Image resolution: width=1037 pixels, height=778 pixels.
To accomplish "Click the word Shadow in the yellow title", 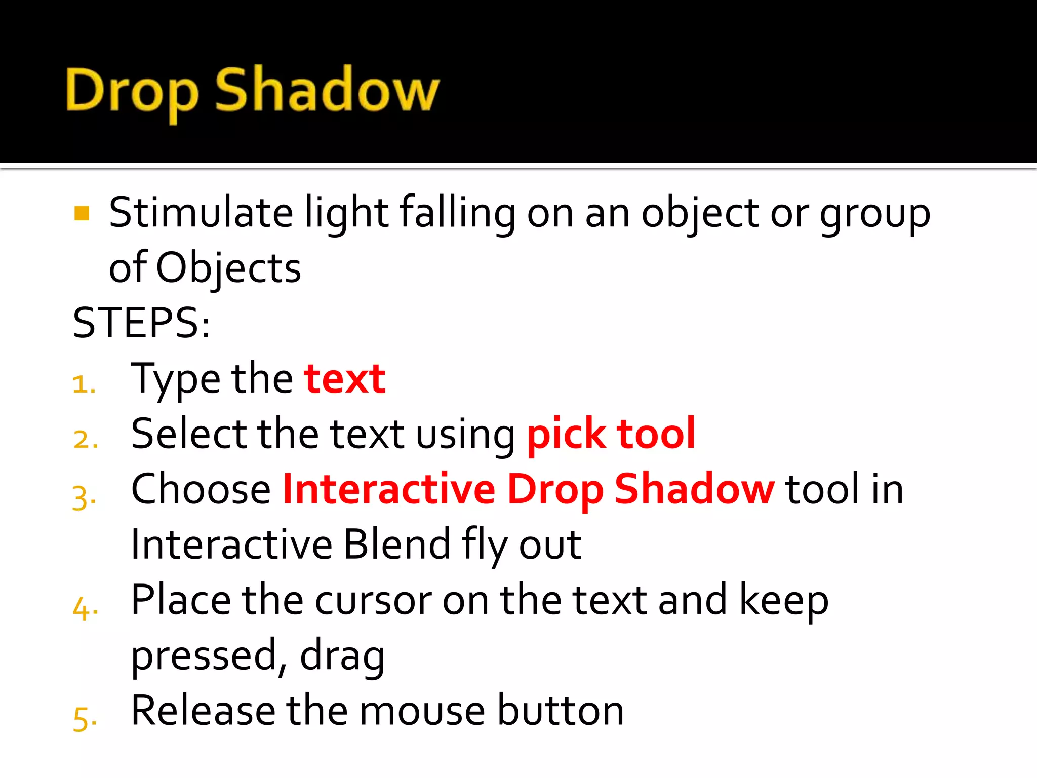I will pos(327,90).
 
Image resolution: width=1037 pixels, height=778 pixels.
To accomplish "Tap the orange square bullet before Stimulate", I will pos(82,213).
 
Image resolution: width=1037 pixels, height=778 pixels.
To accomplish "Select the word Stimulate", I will pos(201,213).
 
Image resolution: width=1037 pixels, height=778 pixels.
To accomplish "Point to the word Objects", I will pos(228,268).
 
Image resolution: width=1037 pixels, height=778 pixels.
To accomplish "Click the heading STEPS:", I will pos(141,323).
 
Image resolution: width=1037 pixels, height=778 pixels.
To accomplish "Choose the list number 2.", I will pos(84,439).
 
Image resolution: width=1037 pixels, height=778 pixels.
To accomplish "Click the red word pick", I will pos(566,434).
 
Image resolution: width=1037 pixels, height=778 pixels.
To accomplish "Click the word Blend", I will pos(397,544).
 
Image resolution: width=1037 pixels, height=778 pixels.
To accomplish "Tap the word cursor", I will pos(373,601).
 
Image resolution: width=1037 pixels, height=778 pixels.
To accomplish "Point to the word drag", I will pos(342,656).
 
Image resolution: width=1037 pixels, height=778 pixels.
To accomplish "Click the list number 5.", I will pos(84,718).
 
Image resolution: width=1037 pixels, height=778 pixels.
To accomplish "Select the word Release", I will pos(203,711).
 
